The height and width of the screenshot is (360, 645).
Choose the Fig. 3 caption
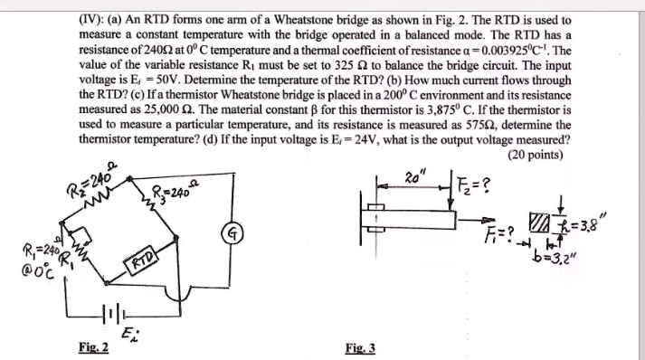click(x=360, y=346)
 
